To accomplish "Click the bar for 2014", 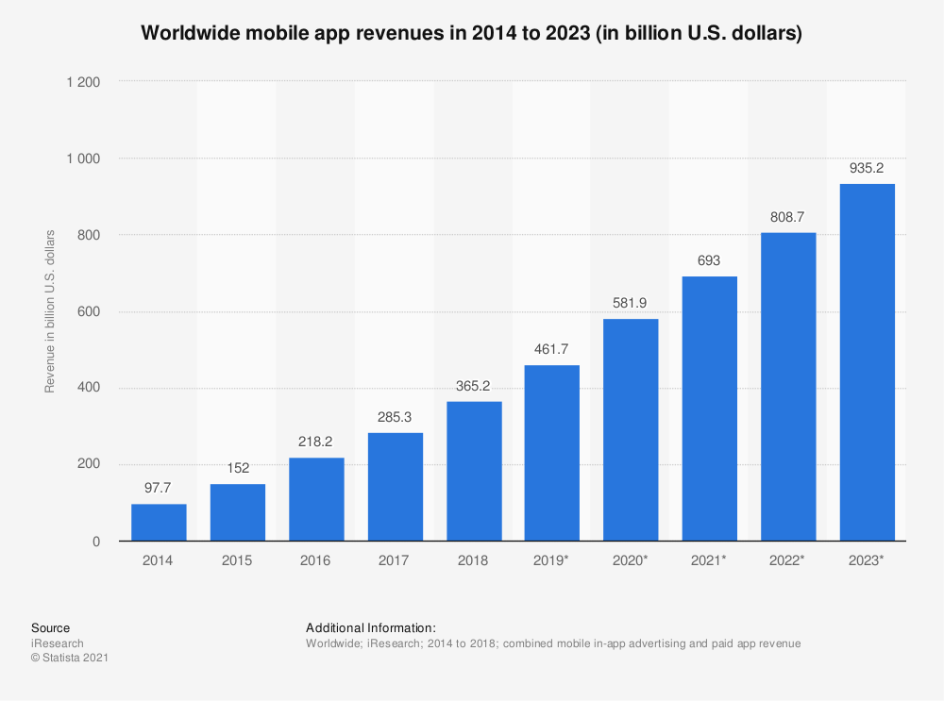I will click(x=159, y=522).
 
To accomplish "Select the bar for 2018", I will click(x=474, y=471).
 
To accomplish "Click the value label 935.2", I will click(x=867, y=169).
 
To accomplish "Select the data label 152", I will click(x=238, y=469).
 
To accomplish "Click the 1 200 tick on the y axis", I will click(x=83, y=82).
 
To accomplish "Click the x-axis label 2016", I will click(x=316, y=560).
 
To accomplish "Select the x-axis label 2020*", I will click(x=631, y=560).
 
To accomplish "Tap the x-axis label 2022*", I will click(x=788, y=560).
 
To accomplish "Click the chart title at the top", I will click(x=472, y=34).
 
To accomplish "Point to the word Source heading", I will click(x=50, y=628).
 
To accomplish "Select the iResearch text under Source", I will click(x=58, y=643).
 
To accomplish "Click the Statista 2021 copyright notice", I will click(x=70, y=659).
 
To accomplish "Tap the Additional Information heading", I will click(x=371, y=628).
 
